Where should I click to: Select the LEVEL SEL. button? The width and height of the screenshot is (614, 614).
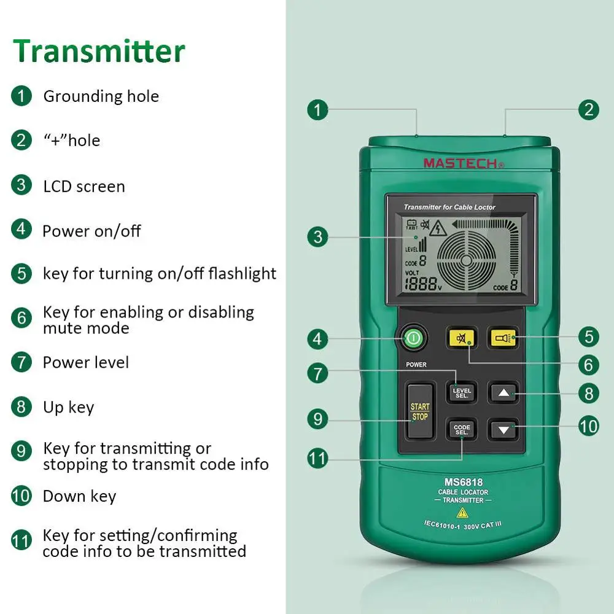pyautogui.click(x=462, y=392)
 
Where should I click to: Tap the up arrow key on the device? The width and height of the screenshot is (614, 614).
pyautogui.click(x=503, y=392)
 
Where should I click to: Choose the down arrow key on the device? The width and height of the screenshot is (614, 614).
pyautogui.click(x=503, y=429)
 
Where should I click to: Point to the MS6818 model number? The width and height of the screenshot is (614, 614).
pyautogui.click(x=463, y=482)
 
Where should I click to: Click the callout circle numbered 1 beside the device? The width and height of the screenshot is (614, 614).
pyautogui.click(x=317, y=111)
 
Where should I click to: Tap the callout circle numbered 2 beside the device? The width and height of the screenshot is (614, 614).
pyautogui.click(x=589, y=110)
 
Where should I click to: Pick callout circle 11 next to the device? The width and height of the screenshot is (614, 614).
pyautogui.click(x=317, y=458)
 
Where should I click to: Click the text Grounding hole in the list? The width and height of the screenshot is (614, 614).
pyautogui.click(x=101, y=96)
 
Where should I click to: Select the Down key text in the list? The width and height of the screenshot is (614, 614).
pyautogui.click(x=79, y=496)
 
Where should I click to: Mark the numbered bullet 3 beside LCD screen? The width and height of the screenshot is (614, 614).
pyautogui.click(x=21, y=185)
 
